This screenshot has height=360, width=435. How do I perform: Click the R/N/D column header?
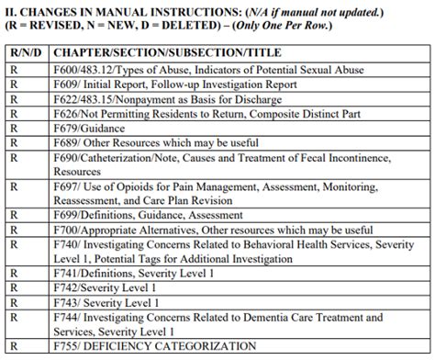pyautogui.click(x=26, y=53)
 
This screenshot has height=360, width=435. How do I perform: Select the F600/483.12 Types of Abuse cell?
pyautogui.click(x=208, y=70)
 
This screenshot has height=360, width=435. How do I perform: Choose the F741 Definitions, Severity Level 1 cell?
pyautogui.click(x=147, y=273)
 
